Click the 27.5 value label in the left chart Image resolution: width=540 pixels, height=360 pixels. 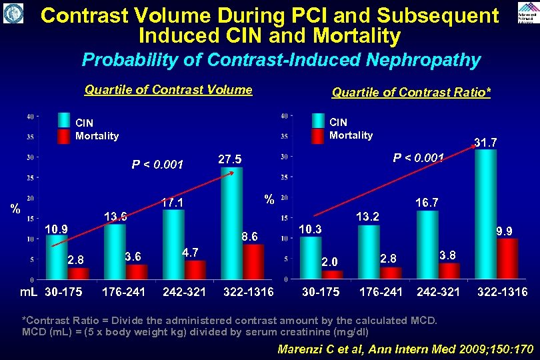click(x=230, y=160)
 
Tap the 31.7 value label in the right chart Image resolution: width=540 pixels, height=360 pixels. click(x=485, y=142)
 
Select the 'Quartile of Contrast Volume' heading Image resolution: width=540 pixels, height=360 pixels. click(x=168, y=90)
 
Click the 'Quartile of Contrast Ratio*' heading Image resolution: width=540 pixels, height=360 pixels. click(x=411, y=93)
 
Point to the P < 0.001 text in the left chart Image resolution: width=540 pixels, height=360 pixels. click(x=157, y=165)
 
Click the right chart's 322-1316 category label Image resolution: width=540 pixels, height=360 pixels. click(x=502, y=292)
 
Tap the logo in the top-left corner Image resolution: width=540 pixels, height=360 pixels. click(x=13, y=13)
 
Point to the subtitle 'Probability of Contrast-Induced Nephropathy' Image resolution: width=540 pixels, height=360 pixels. click(x=281, y=61)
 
